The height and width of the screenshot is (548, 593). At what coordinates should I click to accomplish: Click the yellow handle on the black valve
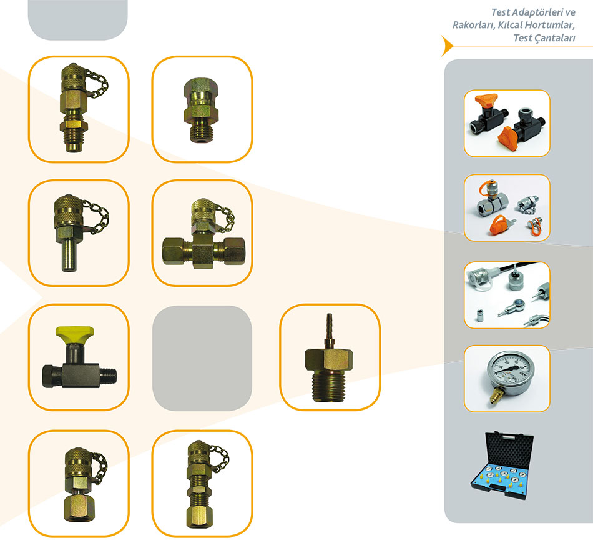click(x=74, y=332)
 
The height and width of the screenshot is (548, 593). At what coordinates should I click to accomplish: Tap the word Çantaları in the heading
click(x=553, y=38)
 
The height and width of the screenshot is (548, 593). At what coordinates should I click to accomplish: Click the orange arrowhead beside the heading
click(x=447, y=46)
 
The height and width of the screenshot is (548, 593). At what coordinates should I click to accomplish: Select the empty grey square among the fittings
click(x=202, y=358)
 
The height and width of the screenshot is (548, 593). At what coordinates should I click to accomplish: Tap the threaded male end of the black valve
click(x=108, y=376)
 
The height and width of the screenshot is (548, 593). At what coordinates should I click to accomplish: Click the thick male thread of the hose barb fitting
click(x=328, y=386)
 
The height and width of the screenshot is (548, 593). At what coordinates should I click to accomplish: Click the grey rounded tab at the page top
click(x=77, y=19)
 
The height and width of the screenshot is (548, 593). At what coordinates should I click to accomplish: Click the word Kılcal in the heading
click(x=510, y=26)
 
